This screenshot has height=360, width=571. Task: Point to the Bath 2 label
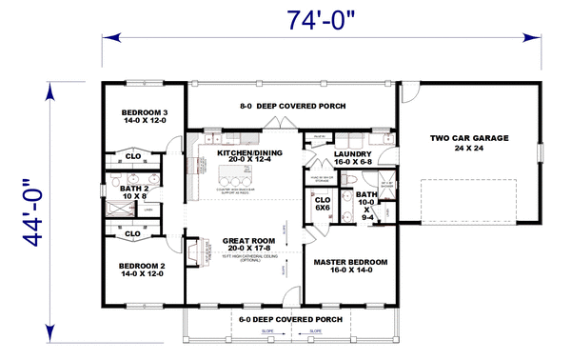point(133,192)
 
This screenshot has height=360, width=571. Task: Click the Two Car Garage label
point(465,143)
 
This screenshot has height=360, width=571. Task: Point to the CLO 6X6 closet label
point(322,204)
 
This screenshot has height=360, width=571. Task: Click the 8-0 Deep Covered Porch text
point(291,106)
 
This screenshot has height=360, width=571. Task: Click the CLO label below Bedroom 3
point(133,156)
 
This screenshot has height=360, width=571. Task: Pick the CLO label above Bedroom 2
point(133,232)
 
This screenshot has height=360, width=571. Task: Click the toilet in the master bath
point(351,179)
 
